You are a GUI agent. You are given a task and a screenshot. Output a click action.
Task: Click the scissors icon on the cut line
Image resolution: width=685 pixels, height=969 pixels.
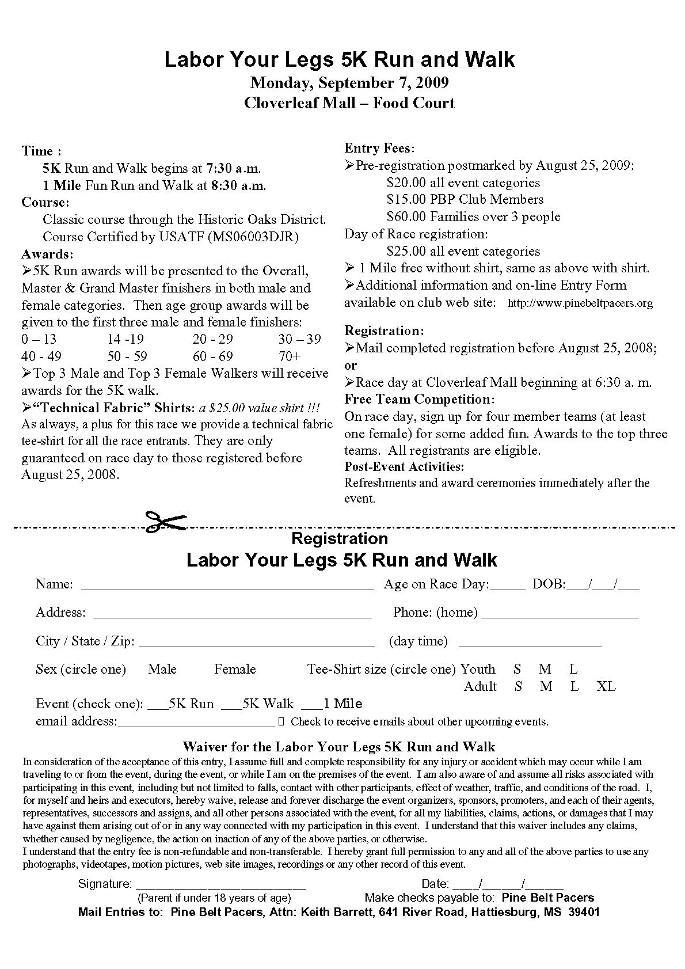point(166,522)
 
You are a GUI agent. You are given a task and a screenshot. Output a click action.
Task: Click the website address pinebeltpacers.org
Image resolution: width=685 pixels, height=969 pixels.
point(580,303)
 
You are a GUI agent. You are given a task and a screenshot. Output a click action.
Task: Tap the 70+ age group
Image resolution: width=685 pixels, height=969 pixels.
point(290,356)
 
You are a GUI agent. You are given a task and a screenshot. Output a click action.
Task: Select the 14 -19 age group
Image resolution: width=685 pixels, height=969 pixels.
point(125,339)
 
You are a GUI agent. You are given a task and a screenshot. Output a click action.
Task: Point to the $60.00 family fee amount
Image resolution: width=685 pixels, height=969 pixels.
point(408,217)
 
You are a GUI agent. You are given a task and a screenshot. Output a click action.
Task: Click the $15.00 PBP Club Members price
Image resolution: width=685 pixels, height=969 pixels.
point(408,200)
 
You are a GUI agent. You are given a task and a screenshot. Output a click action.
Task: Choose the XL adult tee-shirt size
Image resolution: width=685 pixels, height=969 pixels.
point(606,686)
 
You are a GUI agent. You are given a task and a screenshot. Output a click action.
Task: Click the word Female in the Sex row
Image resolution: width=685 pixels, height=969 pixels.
point(235,669)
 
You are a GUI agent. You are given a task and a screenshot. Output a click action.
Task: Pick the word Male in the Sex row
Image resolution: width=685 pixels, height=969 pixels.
point(162,669)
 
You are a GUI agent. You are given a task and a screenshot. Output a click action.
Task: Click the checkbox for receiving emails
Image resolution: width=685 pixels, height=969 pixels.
point(281,721)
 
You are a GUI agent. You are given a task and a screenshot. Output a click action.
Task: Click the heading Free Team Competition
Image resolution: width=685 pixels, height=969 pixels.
point(419,400)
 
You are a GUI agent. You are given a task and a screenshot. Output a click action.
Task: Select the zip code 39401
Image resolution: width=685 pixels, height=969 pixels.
point(583,913)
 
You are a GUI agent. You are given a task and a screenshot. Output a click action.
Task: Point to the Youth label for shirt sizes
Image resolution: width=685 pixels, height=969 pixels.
point(478,669)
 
